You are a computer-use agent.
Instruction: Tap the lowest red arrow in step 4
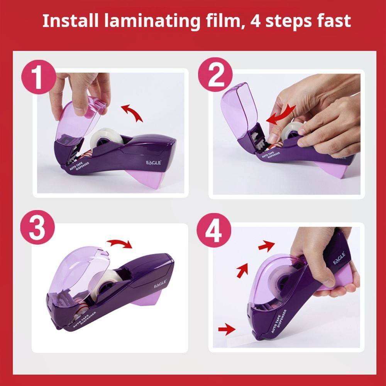tap(227, 329)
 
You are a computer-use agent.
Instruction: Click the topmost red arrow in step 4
tap(267, 245)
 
